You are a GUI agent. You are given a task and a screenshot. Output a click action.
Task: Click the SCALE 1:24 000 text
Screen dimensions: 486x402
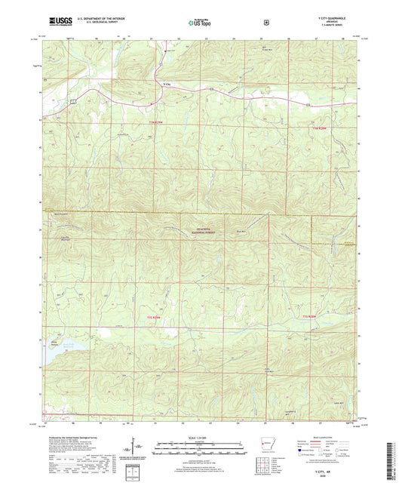point(200,438)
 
